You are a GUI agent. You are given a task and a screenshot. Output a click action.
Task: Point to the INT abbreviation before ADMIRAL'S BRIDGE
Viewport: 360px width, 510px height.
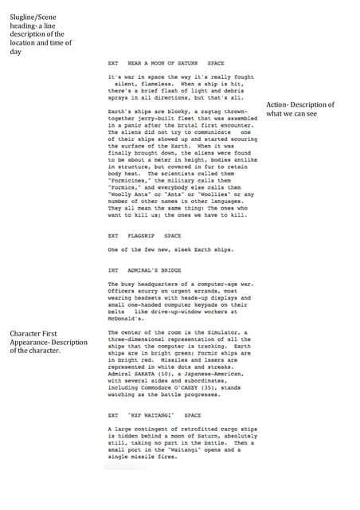[x=112, y=270]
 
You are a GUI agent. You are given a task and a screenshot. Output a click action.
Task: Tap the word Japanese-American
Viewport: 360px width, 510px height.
[x=215, y=373]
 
